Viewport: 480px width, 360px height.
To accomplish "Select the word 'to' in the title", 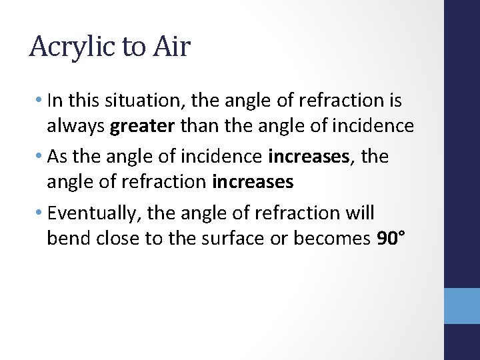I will [x=133, y=47].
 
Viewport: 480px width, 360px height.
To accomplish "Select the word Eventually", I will [x=95, y=213].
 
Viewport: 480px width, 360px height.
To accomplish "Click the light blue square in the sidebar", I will [x=462, y=305].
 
